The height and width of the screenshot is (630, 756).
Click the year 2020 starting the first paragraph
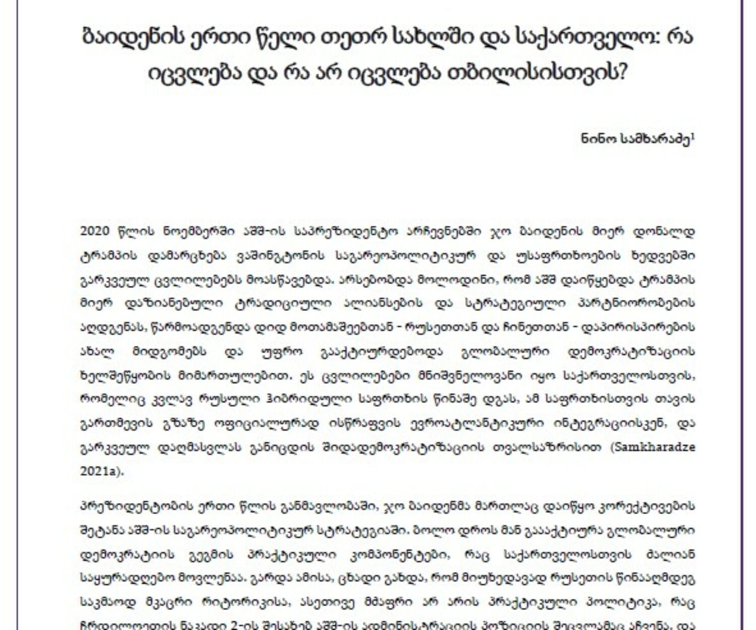tap(95, 231)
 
